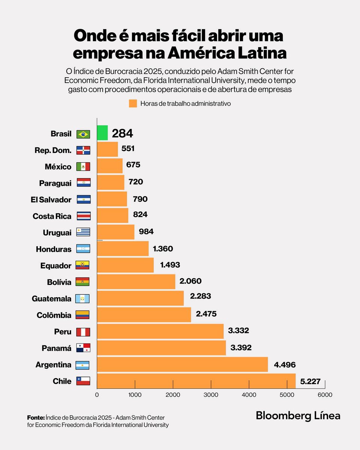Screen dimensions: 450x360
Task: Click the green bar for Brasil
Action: coord(102,133)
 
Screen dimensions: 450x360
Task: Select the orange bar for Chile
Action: coord(196,381)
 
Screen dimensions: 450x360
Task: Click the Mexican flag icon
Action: coord(83,166)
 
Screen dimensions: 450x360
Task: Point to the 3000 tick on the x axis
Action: coord(211,394)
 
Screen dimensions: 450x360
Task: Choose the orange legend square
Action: coord(133,103)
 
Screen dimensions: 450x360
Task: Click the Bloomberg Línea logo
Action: coord(298,415)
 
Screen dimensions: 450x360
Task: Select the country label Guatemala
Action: coord(52,299)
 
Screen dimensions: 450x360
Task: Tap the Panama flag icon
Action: coord(83,348)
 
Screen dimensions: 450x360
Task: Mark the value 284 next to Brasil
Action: coord(123,133)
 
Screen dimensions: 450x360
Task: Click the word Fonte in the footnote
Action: coord(36,417)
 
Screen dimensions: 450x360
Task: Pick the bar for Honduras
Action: coord(123,249)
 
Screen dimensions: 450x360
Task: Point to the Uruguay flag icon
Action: coord(83,232)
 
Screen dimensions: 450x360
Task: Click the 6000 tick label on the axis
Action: coord(325,394)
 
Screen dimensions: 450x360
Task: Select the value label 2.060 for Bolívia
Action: coord(196,281)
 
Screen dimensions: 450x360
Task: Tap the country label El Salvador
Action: coord(51,199)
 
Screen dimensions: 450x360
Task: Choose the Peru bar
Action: coord(160,331)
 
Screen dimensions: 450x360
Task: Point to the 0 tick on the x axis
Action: coord(97,394)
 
